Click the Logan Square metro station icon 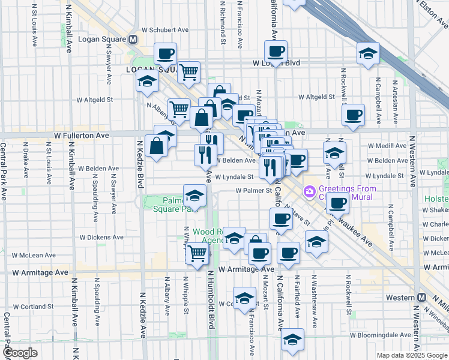coord(133,38)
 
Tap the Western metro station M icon coord(422,298)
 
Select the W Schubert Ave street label coord(165,29)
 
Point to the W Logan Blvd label coord(276,62)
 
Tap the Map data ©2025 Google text coord(412,355)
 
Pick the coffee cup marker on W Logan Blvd coord(276,52)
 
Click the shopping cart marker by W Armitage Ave coord(197,254)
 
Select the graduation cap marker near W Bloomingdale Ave coord(292,340)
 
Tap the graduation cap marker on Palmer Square coord(194,196)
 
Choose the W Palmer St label coord(254,190)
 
